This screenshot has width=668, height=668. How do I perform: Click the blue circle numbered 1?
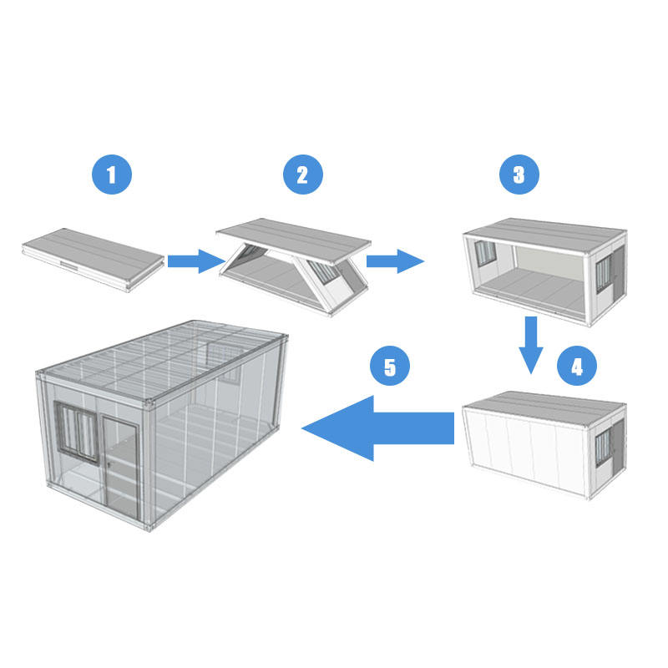pyautogui.click(x=112, y=175)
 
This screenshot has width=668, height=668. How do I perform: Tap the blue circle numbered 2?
pyautogui.click(x=303, y=175)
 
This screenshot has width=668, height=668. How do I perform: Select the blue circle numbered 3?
pyautogui.click(x=519, y=175)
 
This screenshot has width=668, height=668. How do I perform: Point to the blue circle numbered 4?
pyautogui.click(x=577, y=366)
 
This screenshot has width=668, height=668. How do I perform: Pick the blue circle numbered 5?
pyautogui.click(x=390, y=366)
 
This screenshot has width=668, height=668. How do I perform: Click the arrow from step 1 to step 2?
pyautogui.click(x=196, y=261)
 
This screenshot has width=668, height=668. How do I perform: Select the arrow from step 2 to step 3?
pyautogui.click(x=395, y=261)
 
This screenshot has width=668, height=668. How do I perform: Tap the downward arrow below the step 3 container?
pyautogui.click(x=531, y=345)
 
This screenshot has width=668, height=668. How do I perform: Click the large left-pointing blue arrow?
pyautogui.click(x=377, y=428)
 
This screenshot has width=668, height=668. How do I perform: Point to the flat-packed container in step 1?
pyautogui.click(x=94, y=259)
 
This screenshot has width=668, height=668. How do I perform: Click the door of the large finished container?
pyautogui.click(x=121, y=467)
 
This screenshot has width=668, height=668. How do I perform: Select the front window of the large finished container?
pyautogui.click(x=77, y=433)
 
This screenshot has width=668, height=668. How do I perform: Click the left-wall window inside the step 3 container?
pyautogui.click(x=485, y=254)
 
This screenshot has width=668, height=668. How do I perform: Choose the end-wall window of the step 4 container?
pyautogui.click(x=603, y=448)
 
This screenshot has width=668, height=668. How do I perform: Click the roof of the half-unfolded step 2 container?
pyautogui.click(x=294, y=240)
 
